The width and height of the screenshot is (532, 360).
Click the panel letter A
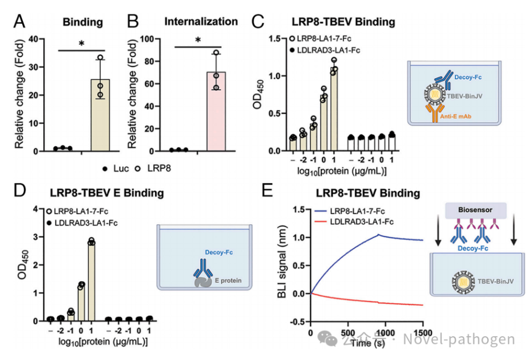[19, 22]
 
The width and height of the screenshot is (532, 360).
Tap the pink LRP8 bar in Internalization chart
[216, 111]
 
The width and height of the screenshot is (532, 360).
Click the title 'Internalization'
[201, 22]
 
